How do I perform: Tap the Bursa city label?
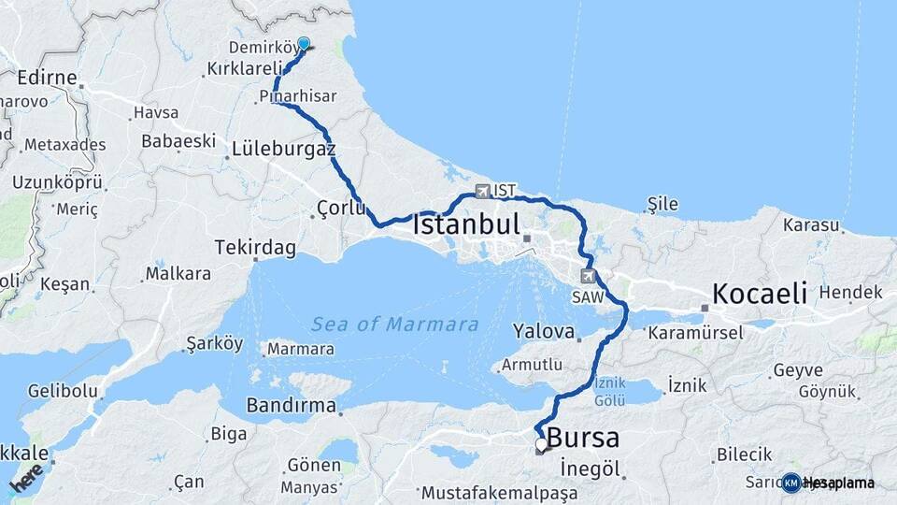coord(582,438)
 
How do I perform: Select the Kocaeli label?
coord(759,294)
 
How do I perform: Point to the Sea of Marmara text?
coord(394,325)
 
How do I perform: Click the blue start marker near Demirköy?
coord(304,43)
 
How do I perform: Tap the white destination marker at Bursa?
coord(541,444)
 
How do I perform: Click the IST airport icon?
coord(482,191)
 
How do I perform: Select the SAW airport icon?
coord(588,276)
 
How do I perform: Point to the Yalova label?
coord(543,331)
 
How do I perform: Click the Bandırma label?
coord(291,405)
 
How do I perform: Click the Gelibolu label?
coord(59,390)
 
